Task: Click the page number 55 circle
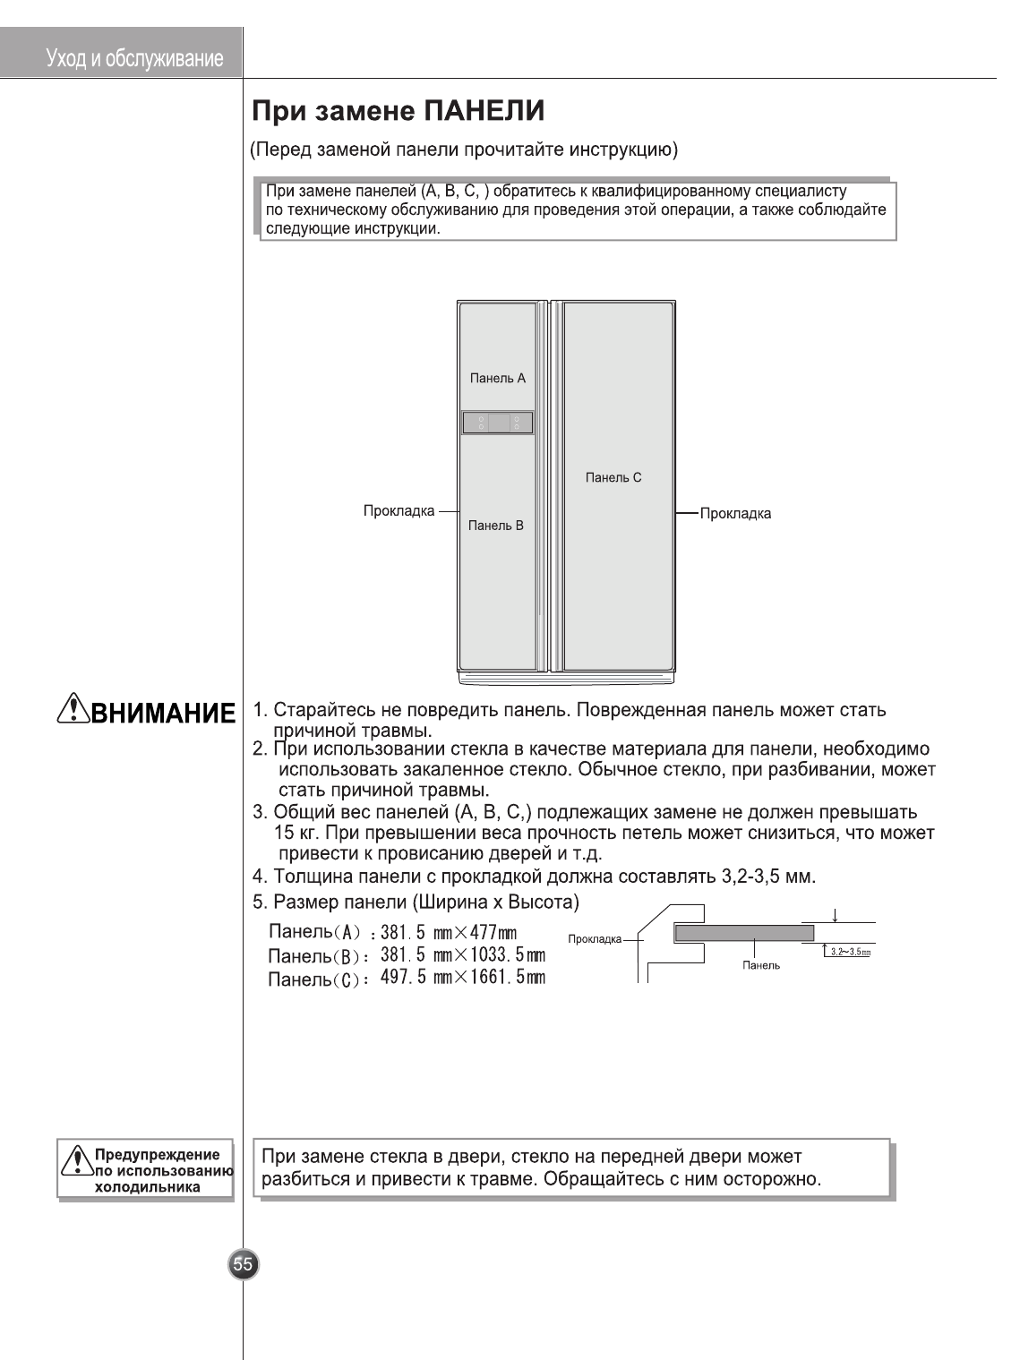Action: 243,1264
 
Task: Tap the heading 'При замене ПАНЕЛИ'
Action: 398,112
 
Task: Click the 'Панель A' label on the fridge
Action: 497,379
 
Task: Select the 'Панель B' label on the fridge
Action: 495,526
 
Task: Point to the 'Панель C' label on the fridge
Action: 613,478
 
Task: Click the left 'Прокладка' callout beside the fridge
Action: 399,511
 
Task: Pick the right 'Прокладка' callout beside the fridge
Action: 735,514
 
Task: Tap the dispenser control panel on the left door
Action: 498,423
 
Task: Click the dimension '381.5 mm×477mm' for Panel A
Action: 449,933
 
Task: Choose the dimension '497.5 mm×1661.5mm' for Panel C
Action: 462,977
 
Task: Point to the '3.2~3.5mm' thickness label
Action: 850,952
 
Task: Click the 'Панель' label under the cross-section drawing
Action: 761,965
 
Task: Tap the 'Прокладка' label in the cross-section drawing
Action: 595,939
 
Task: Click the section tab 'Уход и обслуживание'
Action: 134,59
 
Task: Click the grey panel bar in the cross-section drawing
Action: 744,933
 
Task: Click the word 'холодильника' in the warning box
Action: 148,1187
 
